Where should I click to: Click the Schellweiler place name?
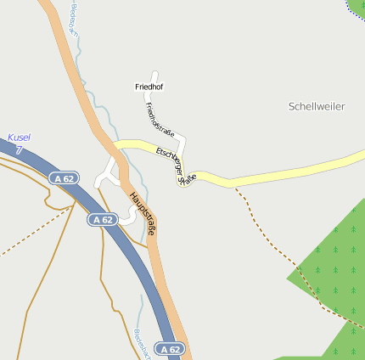317,106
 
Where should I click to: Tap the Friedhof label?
148,87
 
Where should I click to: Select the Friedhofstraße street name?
160,120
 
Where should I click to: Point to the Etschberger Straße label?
176,165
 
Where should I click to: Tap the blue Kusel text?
18,138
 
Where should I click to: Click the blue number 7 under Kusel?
19,149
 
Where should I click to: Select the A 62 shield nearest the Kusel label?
63,178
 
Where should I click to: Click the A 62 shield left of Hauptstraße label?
102,219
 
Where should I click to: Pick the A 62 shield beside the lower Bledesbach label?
170,349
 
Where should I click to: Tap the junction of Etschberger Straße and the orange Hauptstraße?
115,147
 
